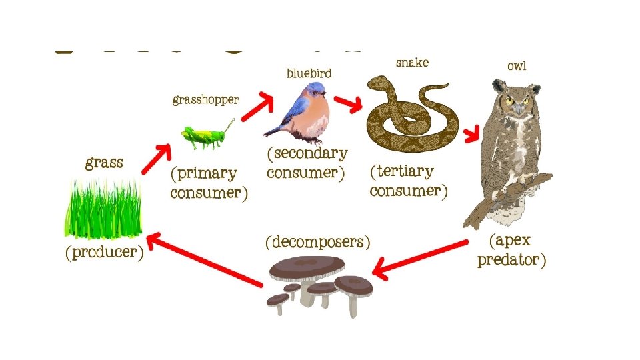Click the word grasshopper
click(x=205, y=101)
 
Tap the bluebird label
click(x=309, y=73)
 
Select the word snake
click(x=412, y=63)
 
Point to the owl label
click(x=516, y=65)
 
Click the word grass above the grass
click(x=104, y=163)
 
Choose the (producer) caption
click(x=104, y=253)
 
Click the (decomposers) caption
click(x=318, y=241)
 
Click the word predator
click(x=511, y=259)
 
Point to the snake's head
click(x=377, y=83)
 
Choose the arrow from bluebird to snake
click(x=348, y=103)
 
